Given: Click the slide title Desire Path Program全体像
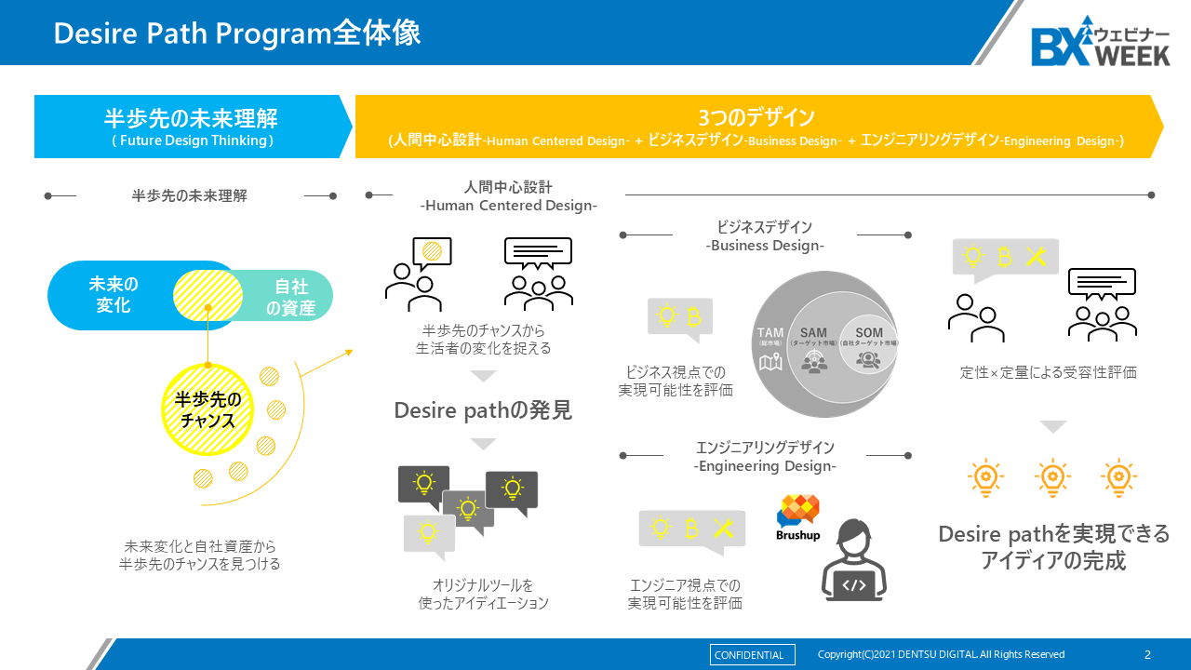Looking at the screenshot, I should coord(237,33).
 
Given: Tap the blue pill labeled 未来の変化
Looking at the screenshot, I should coord(114,295).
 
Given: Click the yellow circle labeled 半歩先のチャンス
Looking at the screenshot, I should coord(208,409).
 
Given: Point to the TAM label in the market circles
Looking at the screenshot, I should coord(770,333).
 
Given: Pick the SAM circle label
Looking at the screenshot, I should coord(813,333).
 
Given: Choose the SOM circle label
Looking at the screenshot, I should coord(869,333).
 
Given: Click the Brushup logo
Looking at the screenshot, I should coord(797,518).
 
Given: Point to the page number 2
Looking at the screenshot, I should coord(1147,654).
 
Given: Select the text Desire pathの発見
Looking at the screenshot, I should coord(483,410).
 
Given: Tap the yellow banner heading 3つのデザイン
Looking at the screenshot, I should coord(756,117).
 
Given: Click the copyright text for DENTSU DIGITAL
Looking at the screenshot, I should coord(941,654).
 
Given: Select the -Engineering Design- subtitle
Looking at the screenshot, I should coord(765,466).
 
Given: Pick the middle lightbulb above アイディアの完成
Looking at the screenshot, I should coord(1052,477).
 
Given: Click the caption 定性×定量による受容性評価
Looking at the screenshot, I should coord(1049,372).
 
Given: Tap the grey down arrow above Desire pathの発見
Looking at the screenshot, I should coord(483,377).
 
